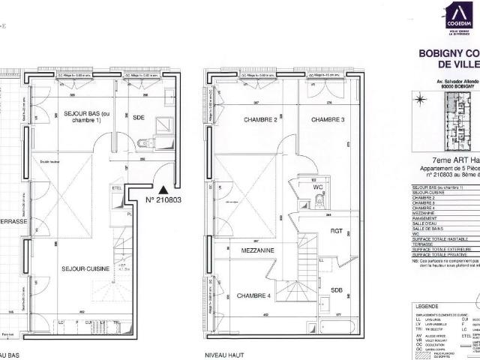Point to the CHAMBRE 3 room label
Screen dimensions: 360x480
328,120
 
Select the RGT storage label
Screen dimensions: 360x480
336,232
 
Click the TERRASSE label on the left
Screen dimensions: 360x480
13,222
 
